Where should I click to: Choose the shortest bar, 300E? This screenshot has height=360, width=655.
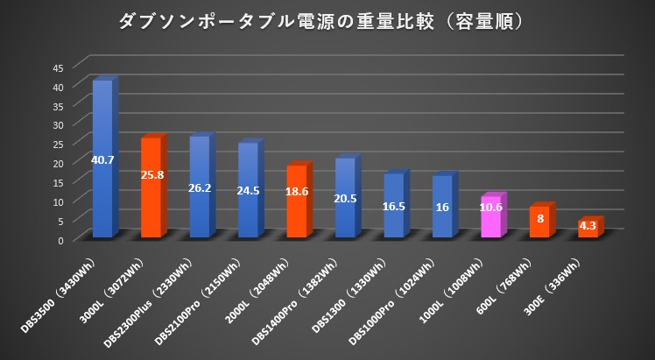(588, 229)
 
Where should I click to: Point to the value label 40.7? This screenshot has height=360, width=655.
(102, 159)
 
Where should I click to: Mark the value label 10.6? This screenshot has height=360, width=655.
(490, 208)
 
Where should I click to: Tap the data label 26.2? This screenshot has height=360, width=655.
(200, 187)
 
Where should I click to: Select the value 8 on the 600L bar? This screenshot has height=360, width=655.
(539, 218)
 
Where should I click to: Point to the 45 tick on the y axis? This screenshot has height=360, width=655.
(58, 67)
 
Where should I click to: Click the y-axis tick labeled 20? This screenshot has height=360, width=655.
(58, 164)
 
